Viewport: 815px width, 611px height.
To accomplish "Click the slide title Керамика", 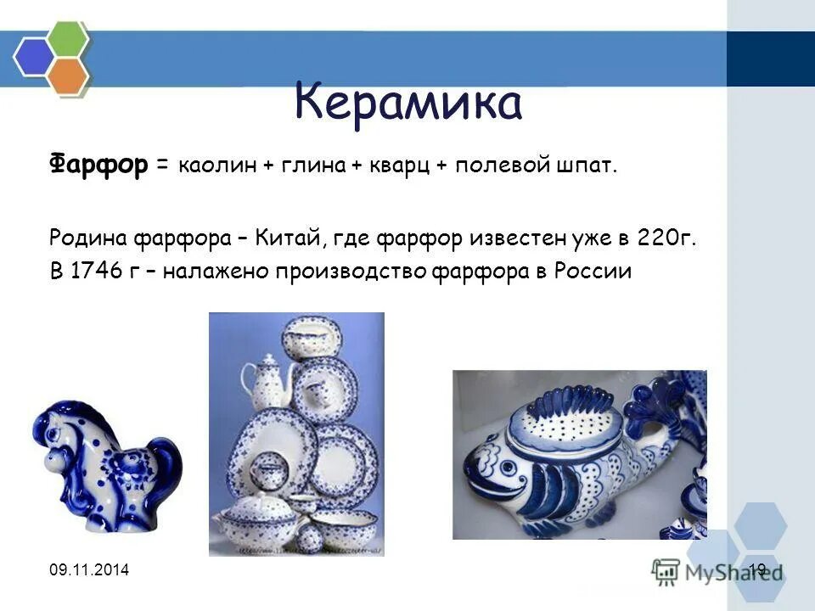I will tap(407, 104).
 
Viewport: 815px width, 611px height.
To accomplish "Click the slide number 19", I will tap(757, 569).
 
